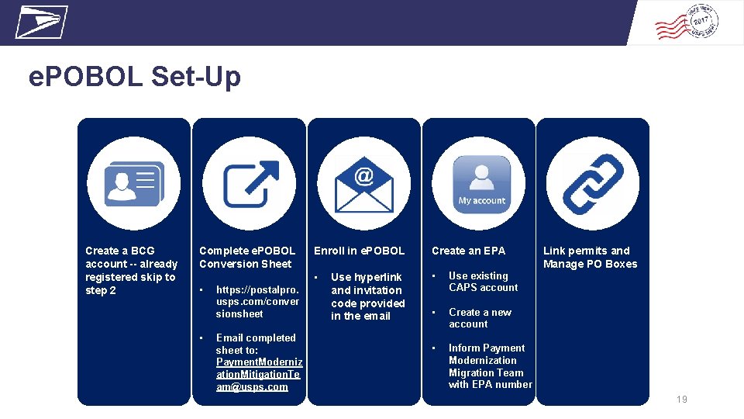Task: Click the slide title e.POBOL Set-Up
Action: tap(135, 77)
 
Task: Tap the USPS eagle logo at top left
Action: tap(41, 22)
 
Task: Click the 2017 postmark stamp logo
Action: tap(687, 23)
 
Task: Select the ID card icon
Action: tap(134, 184)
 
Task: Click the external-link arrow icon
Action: tap(250, 184)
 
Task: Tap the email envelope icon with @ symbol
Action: tap(364, 184)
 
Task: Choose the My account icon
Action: tap(481, 184)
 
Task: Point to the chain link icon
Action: tap(593, 184)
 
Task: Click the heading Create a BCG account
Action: tap(131, 270)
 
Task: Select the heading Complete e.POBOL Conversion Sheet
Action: tap(247, 257)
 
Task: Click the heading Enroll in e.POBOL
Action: tap(359, 251)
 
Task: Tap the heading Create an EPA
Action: tap(468, 251)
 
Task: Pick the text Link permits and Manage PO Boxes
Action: tap(590, 257)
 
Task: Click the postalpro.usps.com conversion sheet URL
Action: tap(257, 301)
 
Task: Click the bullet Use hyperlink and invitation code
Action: tap(367, 296)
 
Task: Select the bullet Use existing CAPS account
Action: tap(483, 282)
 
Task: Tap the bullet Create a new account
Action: tap(480, 318)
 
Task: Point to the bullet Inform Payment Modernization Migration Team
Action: tap(490, 366)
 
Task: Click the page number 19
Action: tap(682, 400)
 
